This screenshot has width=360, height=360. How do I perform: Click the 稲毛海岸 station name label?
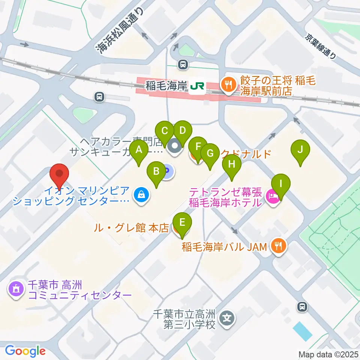(x=166, y=86)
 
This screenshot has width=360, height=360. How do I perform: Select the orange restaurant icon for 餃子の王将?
(x=228, y=83)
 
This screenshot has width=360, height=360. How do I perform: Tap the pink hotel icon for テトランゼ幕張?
(x=273, y=196)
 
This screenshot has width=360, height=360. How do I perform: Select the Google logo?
(x=25, y=351)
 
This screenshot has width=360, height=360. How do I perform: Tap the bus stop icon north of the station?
(x=183, y=64)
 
